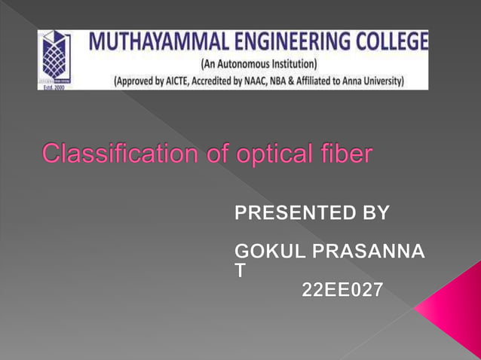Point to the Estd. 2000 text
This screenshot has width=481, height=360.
pyautogui.click(x=50, y=86)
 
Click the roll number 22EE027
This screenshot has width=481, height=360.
pyautogui.click(x=342, y=288)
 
